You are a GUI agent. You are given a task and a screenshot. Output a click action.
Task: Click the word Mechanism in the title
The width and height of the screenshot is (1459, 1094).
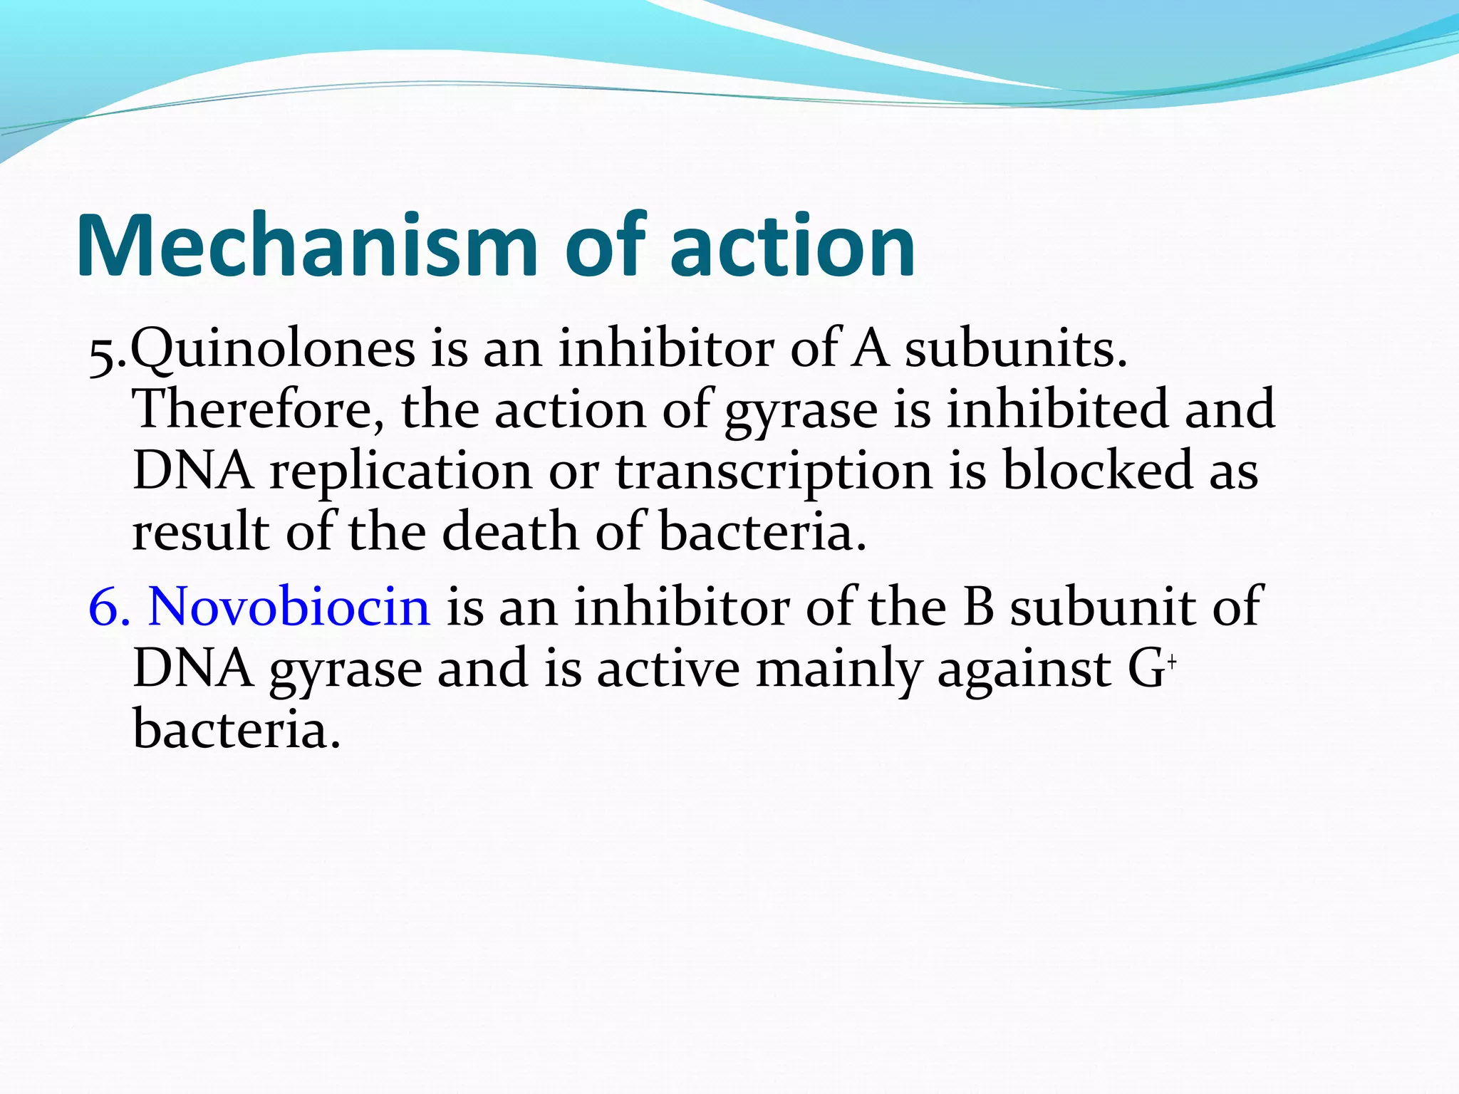pyautogui.click(x=306, y=246)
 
